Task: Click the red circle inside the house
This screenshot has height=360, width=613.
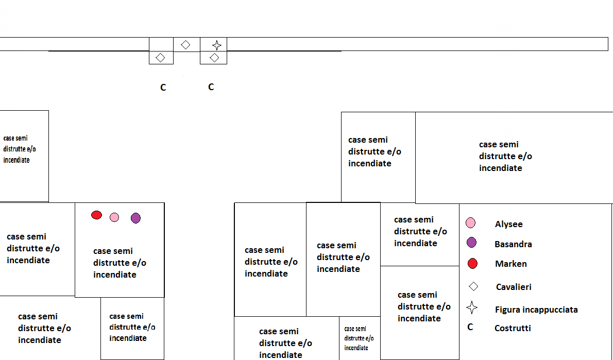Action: click(x=96, y=215)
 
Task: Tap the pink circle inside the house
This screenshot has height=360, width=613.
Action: click(x=114, y=217)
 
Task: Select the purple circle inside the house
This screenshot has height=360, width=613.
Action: click(x=135, y=218)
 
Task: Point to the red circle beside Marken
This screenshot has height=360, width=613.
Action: click(x=472, y=264)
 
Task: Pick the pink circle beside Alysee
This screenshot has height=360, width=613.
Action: click(x=470, y=223)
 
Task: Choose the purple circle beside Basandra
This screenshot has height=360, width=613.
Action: click(x=471, y=243)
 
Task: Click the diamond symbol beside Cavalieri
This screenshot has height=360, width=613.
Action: click(x=473, y=286)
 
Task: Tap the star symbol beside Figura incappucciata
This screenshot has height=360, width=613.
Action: click(x=471, y=308)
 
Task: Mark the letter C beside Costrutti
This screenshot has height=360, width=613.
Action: click(x=470, y=327)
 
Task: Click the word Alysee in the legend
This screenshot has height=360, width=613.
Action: click(x=508, y=224)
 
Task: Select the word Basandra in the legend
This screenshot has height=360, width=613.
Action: click(x=513, y=244)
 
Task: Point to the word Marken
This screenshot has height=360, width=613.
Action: click(x=510, y=264)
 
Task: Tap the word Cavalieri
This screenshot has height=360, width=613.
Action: click(x=514, y=287)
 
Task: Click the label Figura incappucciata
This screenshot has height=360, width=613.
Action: click(x=536, y=310)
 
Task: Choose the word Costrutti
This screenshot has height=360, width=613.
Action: click(x=512, y=328)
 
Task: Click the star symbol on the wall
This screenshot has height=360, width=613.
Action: click(x=217, y=45)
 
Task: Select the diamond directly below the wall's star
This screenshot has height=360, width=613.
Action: click(x=214, y=58)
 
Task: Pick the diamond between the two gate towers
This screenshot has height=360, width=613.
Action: click(x=185, y=45)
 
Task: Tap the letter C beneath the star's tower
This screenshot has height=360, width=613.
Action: click(x=211, y=87)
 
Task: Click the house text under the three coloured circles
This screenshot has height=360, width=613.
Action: click(x=120, y=263)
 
